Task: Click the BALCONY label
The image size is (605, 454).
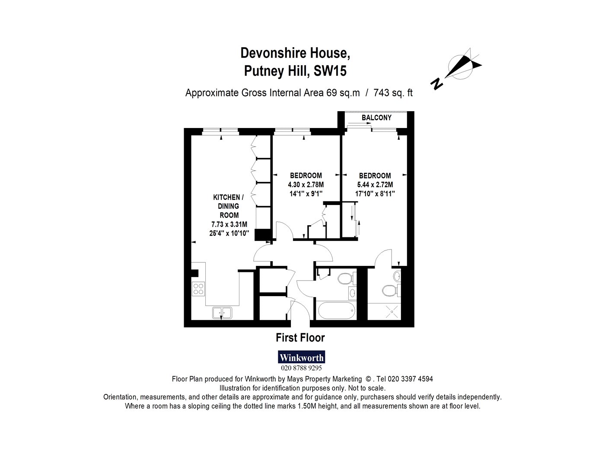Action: click(x=376, y=118)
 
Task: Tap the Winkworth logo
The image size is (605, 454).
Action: click(x=301, y=357)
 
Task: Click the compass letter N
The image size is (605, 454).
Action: click(x=436, y=84)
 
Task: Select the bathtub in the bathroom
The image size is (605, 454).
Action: click(x=337, y=310)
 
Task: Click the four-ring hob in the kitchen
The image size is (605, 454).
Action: click(x=198, y=288)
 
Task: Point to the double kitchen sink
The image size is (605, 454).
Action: click(x=222, y=313)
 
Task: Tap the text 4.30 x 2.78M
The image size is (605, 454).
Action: click(x=306, y=185)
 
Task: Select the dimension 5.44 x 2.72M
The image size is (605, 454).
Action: click(x=375, y=185)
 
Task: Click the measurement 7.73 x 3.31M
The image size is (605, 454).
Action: click(x=229, y=224)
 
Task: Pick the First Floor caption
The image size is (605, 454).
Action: click(x=300, y=338)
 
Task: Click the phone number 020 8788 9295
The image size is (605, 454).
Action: click(x=301, y=368)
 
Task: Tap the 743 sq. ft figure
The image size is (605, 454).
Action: click(x=393, y=93)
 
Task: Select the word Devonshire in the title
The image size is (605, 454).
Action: click(x=274, y=53)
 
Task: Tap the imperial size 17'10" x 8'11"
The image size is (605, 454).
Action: click(x=375, y=194)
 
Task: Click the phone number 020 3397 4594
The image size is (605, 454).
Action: click(x=412, y=379)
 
